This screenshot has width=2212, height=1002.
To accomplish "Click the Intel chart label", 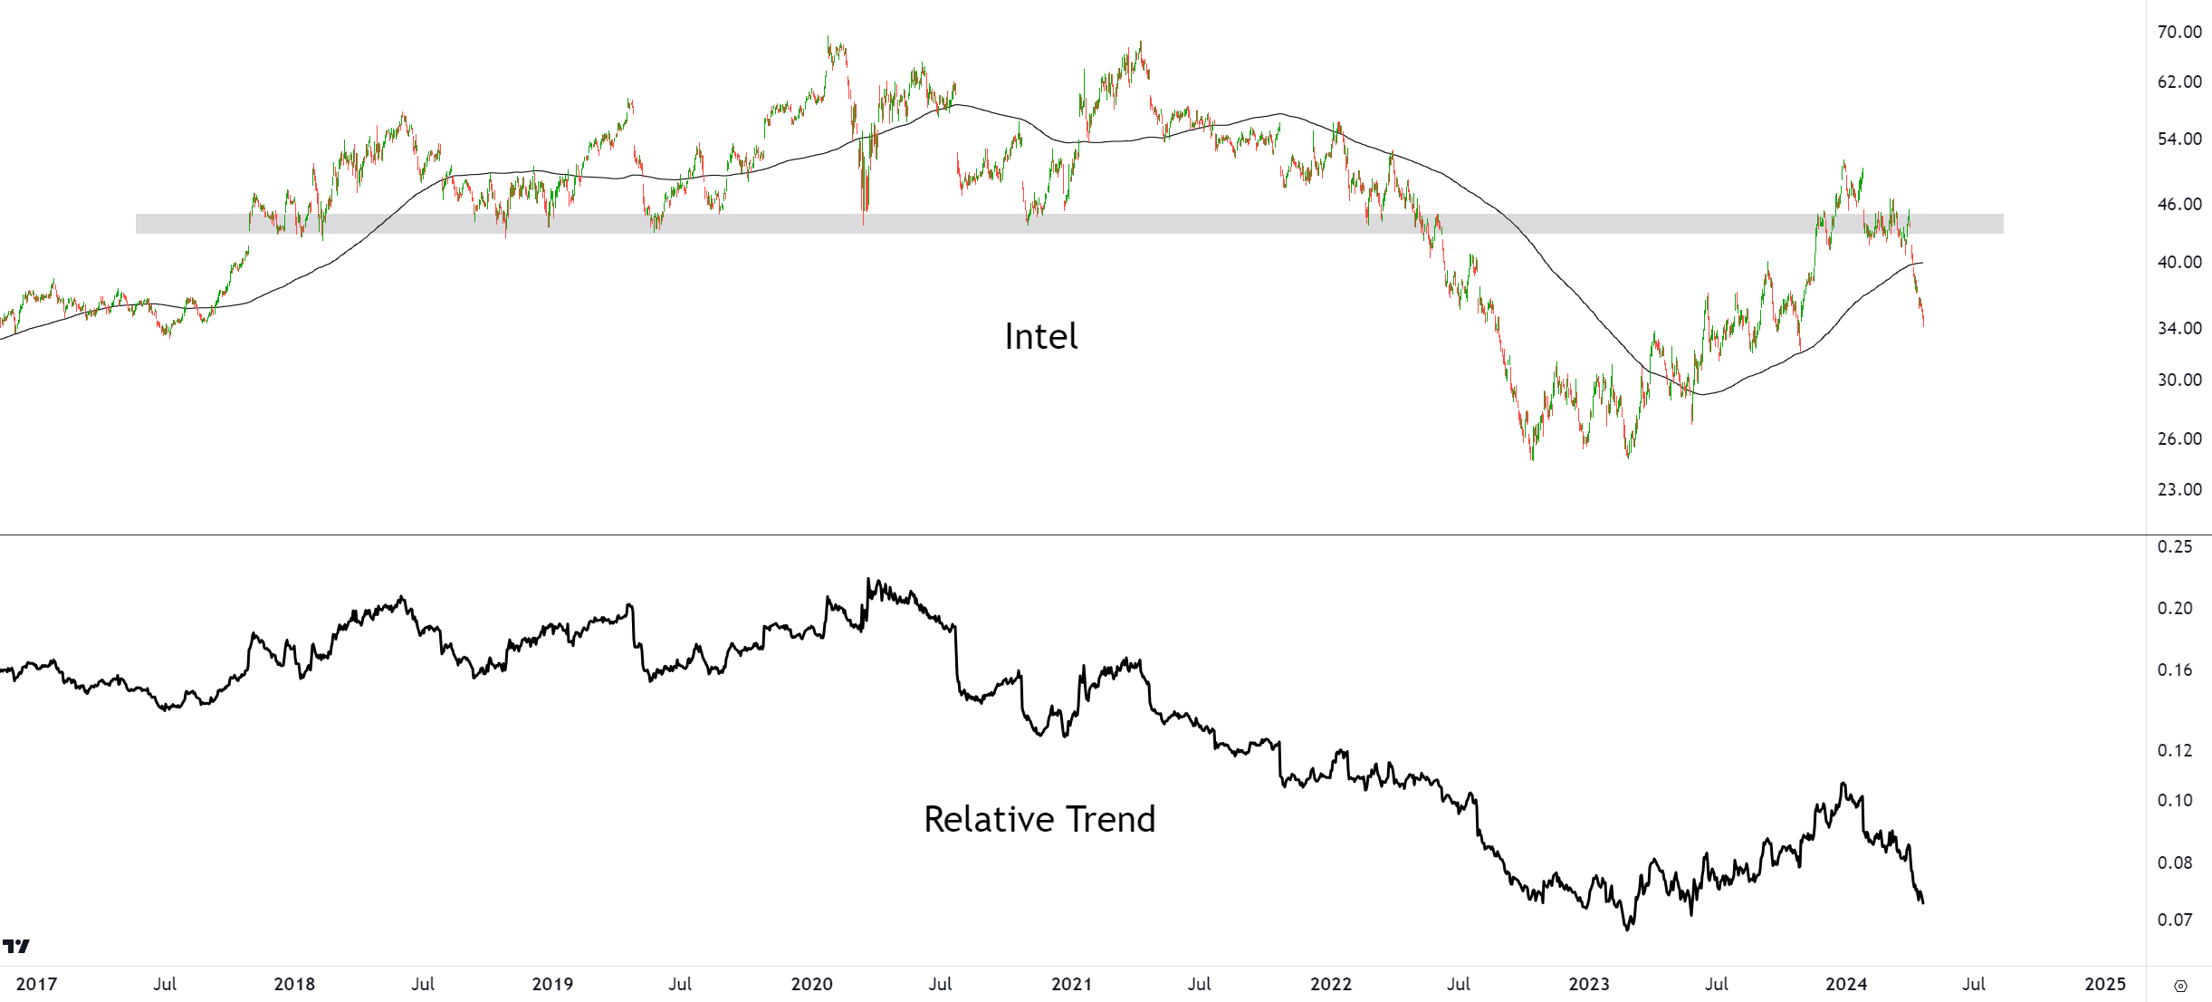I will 1040,337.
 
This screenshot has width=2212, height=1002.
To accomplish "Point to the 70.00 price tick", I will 2179,32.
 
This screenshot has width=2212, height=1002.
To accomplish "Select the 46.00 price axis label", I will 2179,204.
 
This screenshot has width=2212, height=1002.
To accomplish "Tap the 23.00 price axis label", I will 2179,489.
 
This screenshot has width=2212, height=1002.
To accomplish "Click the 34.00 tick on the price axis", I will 2179,328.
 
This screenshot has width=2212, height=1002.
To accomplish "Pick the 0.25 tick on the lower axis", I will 2175,546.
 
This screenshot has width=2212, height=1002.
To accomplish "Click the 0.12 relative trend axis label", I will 2175,750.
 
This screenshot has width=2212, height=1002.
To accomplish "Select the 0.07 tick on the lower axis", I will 2175,920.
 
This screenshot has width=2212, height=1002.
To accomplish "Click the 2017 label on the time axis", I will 36,984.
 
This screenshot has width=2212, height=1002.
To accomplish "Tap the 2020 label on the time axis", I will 811,984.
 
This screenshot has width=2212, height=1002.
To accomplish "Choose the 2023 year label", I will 1588,984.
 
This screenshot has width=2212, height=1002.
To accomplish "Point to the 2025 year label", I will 2105,984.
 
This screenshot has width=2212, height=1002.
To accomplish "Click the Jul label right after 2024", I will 1974,984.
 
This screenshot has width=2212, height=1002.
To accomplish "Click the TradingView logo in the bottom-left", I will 16,947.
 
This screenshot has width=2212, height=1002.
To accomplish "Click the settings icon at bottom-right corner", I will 2181,986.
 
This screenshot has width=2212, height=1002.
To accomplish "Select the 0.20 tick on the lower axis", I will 2175,608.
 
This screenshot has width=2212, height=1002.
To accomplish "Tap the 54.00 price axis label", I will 2179,139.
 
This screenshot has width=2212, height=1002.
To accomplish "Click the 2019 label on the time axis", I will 552,984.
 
